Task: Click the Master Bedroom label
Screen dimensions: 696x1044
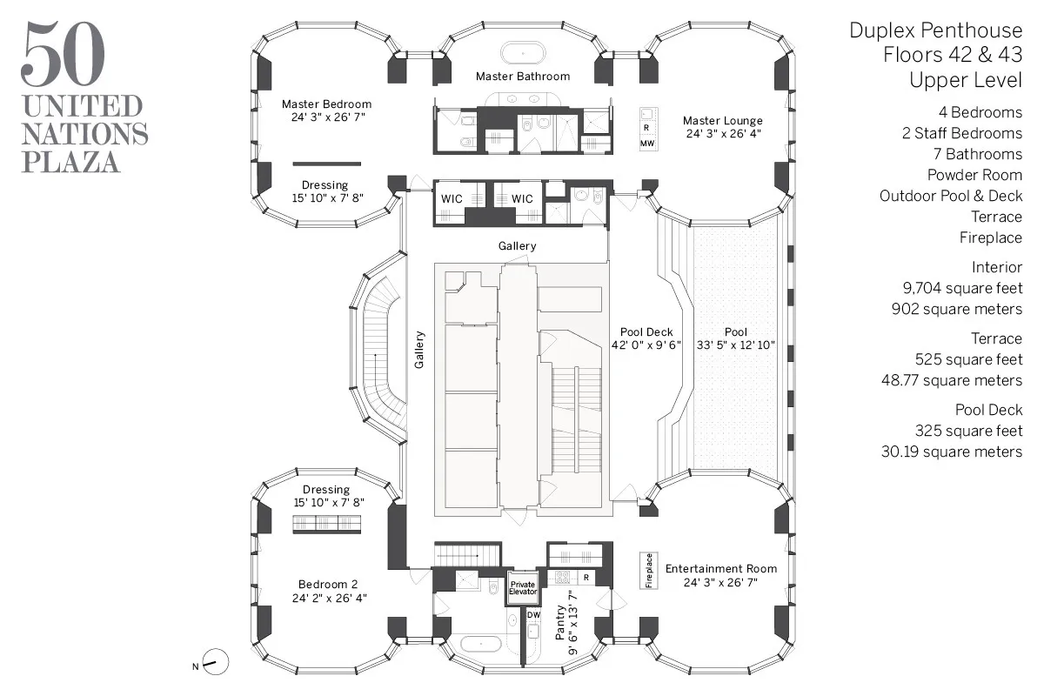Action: point(326,104)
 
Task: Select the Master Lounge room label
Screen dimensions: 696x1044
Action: point(722,120)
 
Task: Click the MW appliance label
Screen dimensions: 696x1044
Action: point(646,143)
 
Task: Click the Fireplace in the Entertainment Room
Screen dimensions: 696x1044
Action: point(648,571)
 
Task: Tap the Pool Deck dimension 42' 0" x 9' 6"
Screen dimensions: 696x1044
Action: point(646,345)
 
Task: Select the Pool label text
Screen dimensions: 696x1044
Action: point(735,331)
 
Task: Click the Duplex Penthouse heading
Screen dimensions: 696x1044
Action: point(935,31)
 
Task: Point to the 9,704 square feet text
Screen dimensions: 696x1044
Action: point(963,288)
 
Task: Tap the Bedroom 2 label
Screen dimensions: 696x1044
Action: point(327,584)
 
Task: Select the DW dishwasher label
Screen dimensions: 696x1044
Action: point(533,615)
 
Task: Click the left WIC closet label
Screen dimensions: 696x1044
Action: point(451,198)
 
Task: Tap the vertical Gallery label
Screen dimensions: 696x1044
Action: point(418,350)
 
